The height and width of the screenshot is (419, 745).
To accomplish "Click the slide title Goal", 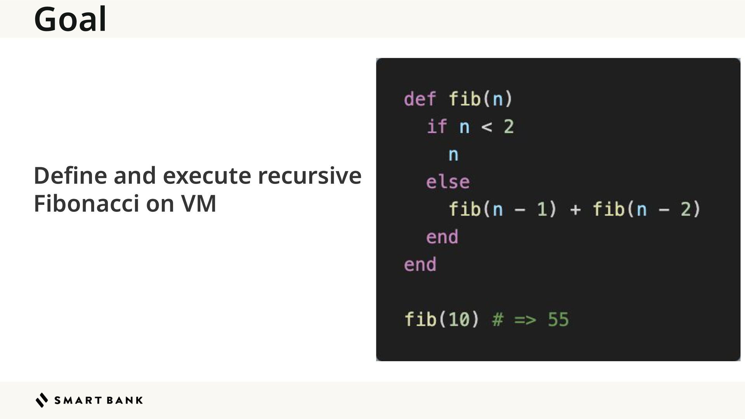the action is (x=70, y=19).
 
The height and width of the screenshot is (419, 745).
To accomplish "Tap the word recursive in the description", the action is (x=310, y=175).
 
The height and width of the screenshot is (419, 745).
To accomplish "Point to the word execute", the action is (x=207, y=175).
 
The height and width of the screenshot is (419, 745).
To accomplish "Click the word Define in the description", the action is (x=70, y=175).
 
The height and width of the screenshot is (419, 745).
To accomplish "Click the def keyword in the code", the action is (x=420, y=99).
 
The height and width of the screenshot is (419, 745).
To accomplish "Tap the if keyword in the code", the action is (x=437, y=126).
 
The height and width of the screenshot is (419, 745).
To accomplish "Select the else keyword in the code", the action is (x=448, y=182).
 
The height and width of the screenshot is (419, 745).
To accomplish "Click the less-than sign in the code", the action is (x=487, y=126).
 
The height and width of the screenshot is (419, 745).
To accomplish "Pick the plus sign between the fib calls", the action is (x=575, y=209).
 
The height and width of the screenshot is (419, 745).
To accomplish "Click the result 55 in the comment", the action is (x=558, y=320).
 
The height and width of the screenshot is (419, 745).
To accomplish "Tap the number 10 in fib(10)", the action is (x=459, y=320).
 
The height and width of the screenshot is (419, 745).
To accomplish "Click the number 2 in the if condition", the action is (x=509, y=126).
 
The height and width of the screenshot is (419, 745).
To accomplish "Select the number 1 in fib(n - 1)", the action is (x=542, y=209).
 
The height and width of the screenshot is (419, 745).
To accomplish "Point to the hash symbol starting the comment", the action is (x=497, y=320).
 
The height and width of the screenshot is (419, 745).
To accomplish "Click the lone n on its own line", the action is (x=453, y=154).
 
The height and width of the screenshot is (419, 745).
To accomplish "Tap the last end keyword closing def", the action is (x=420, y=265).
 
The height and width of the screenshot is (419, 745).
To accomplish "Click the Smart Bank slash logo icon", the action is (x=42, y=400).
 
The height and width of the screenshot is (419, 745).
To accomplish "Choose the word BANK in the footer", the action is (x=124, y=400).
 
